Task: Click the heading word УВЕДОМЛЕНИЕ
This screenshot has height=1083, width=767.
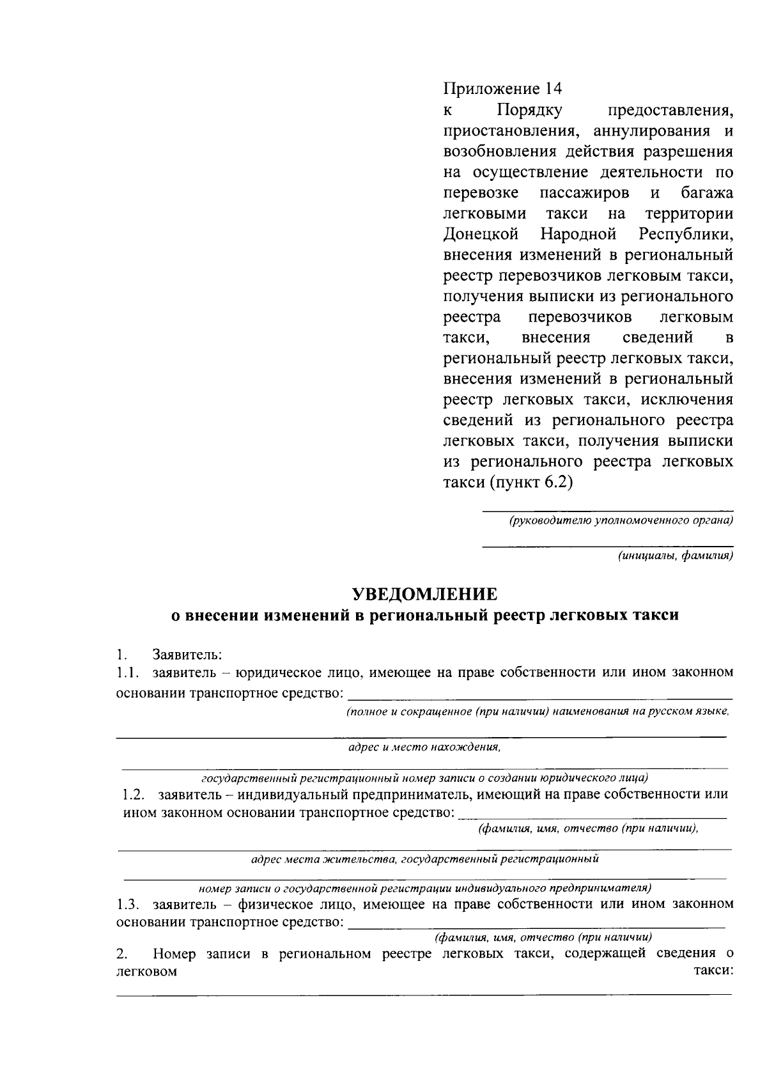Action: click(425, 594)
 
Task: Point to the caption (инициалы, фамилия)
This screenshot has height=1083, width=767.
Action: click(675, 556)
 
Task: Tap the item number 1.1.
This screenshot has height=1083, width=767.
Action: click(128, 673)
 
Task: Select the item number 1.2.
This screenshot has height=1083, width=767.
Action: click(134, 795)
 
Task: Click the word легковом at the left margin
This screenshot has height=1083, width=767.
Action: click(146, 972)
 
